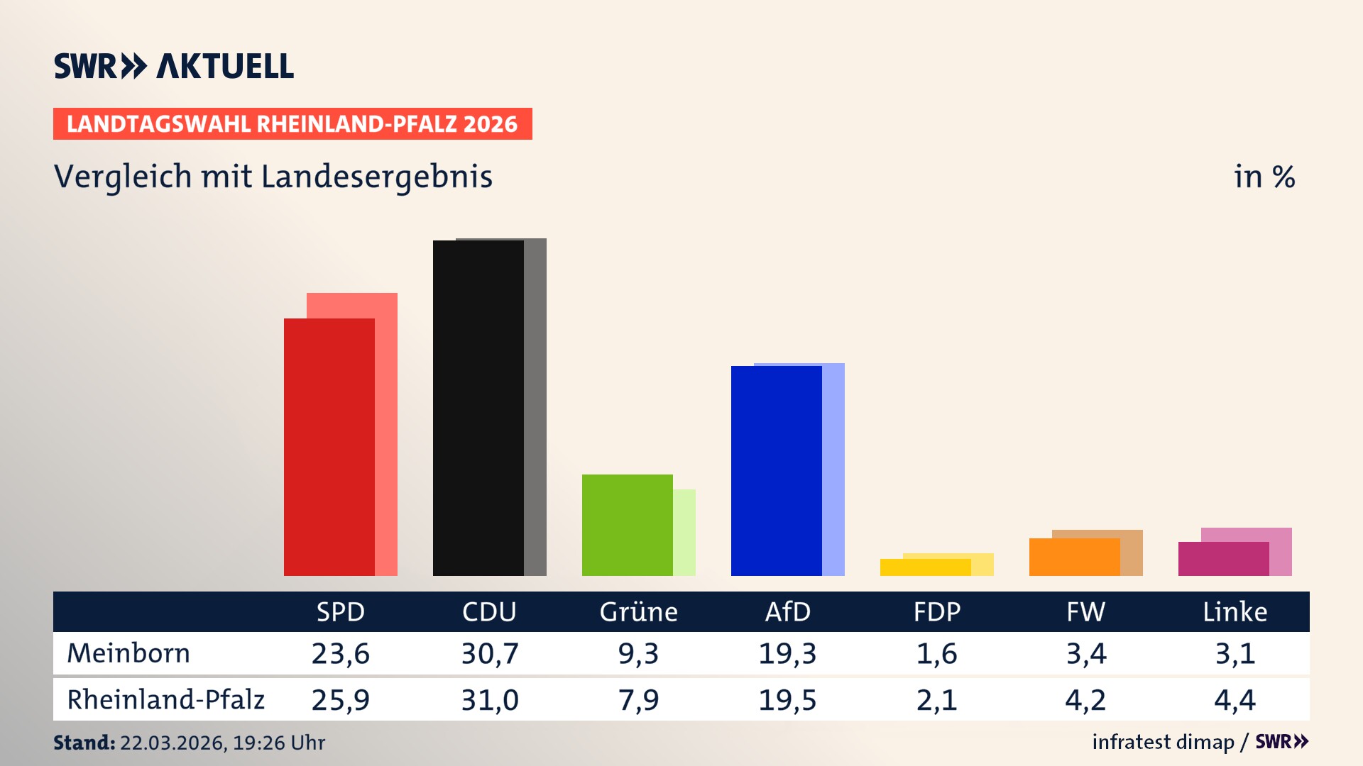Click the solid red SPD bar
tap(329, 447)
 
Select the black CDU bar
tap(478, 408)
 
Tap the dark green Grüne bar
tap(627, 525)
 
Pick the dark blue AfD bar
tap(776, 470)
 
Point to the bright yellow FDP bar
tap(925, 567)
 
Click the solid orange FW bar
tap(1074, 557)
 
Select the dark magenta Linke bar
tap(1223, 559)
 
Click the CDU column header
tap(489, 611)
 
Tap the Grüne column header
tap(638, 611)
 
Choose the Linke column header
tap(1235, 611)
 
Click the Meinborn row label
tap(128, 653)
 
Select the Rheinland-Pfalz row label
tap(165, 699)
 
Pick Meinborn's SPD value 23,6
tap(340, 653)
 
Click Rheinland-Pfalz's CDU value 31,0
tap(489, 700)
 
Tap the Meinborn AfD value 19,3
tap(787, 653)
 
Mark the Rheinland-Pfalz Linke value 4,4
tap(1235, 700)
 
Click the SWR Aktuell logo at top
tap(174, 66)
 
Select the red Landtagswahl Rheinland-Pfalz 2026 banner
tap(292, 124)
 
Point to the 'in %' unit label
tap(1264, 177)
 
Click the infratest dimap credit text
tap(1163, 742)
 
